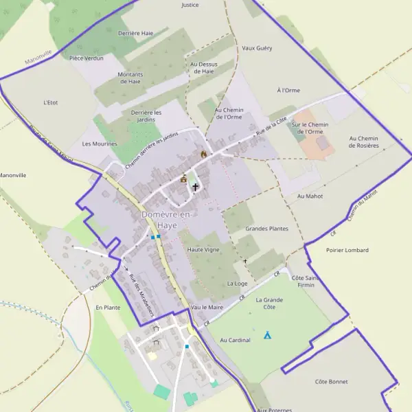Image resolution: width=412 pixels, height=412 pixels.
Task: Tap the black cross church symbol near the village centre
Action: coord(195,186)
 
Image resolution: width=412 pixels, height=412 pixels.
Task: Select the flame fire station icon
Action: coord(203,154)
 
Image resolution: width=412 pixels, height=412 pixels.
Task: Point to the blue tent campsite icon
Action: coord(267,335)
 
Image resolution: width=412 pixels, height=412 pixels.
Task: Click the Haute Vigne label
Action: coord(203,250)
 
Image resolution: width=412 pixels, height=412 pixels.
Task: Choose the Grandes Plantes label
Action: coord(266,228)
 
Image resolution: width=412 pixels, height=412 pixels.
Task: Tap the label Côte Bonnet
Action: coord(331,382)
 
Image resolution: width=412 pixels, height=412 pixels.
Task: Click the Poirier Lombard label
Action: coord(347,251)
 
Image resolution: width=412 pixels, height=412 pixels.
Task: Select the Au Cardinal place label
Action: coord(235,340)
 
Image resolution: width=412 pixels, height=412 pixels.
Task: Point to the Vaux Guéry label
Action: coord(257,49)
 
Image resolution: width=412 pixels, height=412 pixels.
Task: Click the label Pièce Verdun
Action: coord(87,58)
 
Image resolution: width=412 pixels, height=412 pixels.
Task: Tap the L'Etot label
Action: coord(50,102)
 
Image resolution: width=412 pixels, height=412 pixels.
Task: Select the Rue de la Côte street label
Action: coord(271,129)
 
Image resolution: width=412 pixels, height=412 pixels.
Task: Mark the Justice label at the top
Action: coord(190,5)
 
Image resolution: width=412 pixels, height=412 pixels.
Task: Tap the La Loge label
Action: coord(237,283)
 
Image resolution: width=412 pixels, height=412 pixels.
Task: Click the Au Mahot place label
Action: coord(310,196)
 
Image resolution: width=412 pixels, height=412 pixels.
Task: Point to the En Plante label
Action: coord(108,308)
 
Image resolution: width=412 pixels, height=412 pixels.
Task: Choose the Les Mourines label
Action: coord(100,144)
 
